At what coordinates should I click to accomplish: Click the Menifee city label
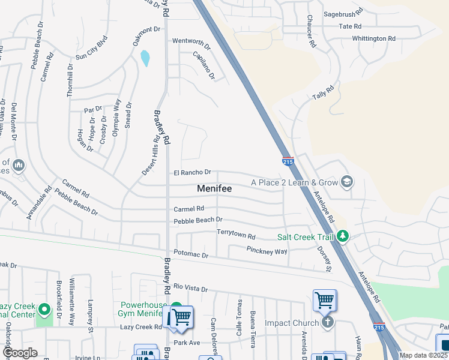pyautogui.click(x=214, y=188)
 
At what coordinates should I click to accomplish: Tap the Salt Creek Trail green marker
pyautogui.click(x=343, y=236)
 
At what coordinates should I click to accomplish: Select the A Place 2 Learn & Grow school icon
pyautogui.click(x=346, y=181)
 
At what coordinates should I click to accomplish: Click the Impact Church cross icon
pyautogui.click(x=328, y=323)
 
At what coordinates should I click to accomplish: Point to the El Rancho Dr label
pyautogui.click(x=192, y=173)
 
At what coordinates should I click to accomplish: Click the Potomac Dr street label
pyautogui.click(x=190, y=255)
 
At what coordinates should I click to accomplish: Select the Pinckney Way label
pyautogui.click(x=267, y=250)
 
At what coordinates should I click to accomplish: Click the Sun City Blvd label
pyautogui.click(x=91, y=50)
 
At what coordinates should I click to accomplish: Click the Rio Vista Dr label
pyautogui.click(x=190, y=289)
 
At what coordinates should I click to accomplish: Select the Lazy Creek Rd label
pyautogui.click(x=140, y=327)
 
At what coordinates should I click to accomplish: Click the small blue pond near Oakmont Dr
pyautogui.click(x=145, y=58)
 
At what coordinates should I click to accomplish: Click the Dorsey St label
pyautogui.click(x=325, y=259)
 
